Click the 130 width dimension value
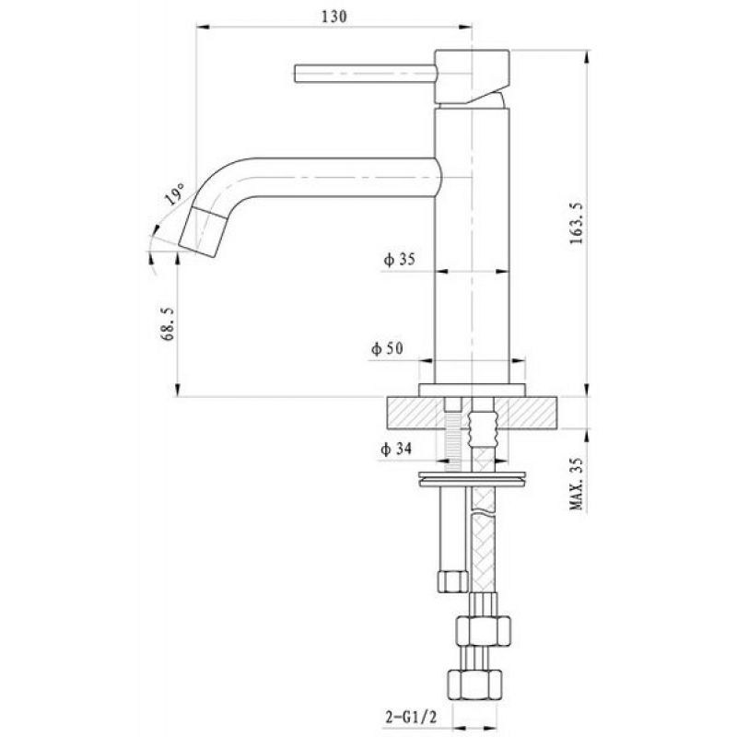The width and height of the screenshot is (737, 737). (x=334, y=17)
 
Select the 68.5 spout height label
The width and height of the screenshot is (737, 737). (x=168, y=324)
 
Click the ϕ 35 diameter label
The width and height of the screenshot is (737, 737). (x=400, y=259)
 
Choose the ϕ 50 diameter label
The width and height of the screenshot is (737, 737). (x=387, y=348)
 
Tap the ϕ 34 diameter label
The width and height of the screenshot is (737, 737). (x=396, y=449)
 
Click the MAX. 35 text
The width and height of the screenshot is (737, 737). (x=577, y=485)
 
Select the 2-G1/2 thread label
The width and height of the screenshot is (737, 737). (x=411, y=717)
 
